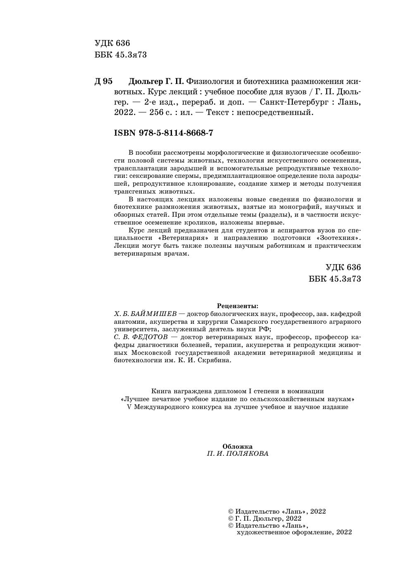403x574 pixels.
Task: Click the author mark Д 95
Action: pyautogui.click(x=103, y=81)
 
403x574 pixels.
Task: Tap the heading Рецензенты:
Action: pyautogui.click(x=237, y=306)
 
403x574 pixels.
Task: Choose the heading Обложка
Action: pyautogui.click(x=237, y=446)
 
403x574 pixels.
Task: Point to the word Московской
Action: pyautogui.click(x=151, y=353)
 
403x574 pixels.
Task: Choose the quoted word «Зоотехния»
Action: pyautogui.click(x=339, y=238)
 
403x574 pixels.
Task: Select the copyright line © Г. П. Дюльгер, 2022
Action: pyautogui.click(x=265, y=519)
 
